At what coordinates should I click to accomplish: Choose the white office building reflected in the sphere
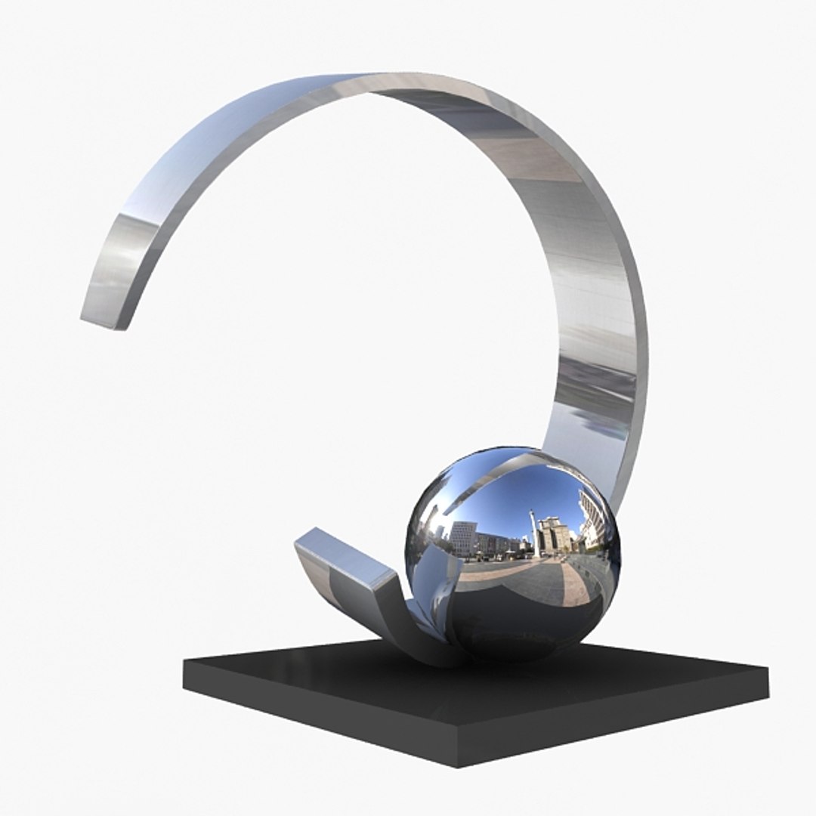[462, 537]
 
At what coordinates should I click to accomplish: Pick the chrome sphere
[514, 552]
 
